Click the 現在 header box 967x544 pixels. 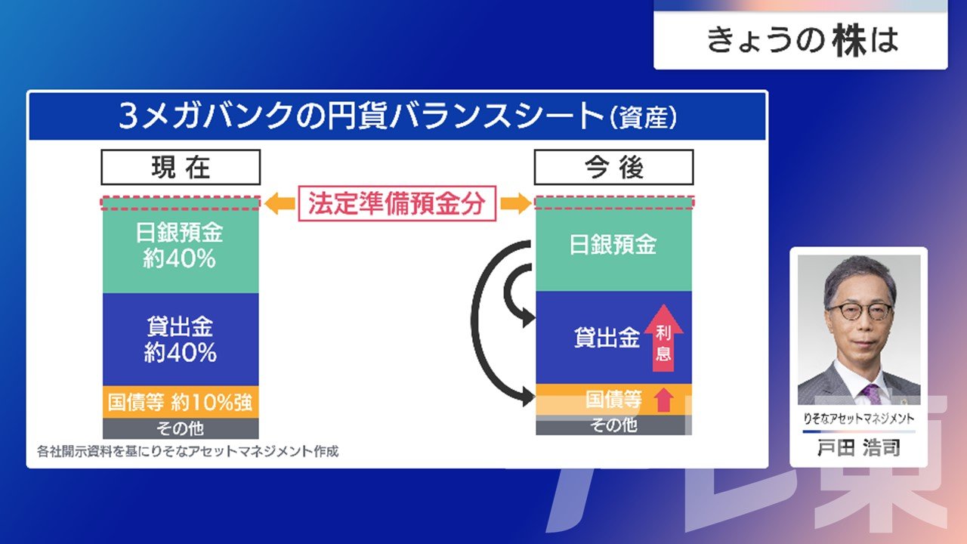pyautogui.click(x=181, y=167)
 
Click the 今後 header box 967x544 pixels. pyautogui.click(x=614, y=167)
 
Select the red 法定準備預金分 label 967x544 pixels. pyautogui.click(x=397, y=203)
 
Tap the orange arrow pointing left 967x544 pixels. pyautogui.click(x=280, y=203)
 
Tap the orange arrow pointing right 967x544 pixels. pyautogui.click(x=516, y=203)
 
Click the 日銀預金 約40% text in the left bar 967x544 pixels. pyautogui.click(x=180, y=246)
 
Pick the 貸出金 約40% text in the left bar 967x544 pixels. pyautogui.click(x=180, y=339)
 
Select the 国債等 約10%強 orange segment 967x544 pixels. pyautogui.click(x=181, y=402)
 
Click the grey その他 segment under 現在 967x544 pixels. pyautogui.click(x=181, y=428)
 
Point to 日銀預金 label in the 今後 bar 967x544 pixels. pyautogui.click(x=613, y=244)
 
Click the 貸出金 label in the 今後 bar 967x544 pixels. pyautogui.click(x=607, y=337)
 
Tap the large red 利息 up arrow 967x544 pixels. pyautogui.click(x=663, y=338)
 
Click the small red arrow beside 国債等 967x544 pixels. pyautogui.click(x=663, y=400)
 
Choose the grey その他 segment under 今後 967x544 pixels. pyautogui.click(x=613, y=425)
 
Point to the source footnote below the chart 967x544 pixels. pyautogui.click(x=188, y=451)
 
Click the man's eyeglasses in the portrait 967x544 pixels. pyautogui.click(x=860, y=311)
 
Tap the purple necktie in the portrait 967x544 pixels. pyautogui.click(x=871, y=394)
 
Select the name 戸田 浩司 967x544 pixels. pyautogui.click(x=859, y=448)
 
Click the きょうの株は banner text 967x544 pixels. pyautogui.click(x=802, y=40)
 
